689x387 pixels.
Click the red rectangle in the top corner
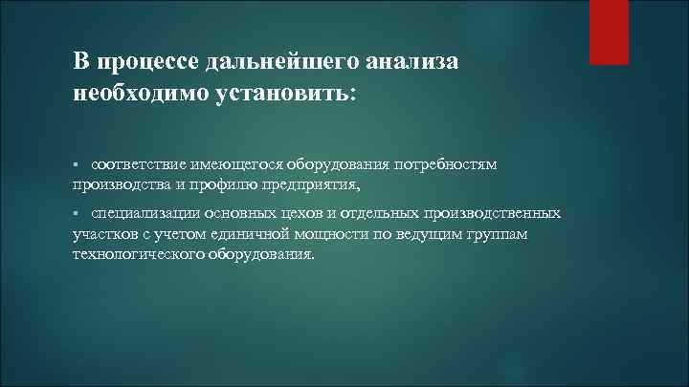tap(609, 32)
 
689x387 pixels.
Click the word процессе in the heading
tap(141, 61)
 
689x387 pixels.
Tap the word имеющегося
tap(235, 165)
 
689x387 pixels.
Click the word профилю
tap(238, 184)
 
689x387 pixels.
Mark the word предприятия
tap(318, 184)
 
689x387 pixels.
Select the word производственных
tap(492, 212)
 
